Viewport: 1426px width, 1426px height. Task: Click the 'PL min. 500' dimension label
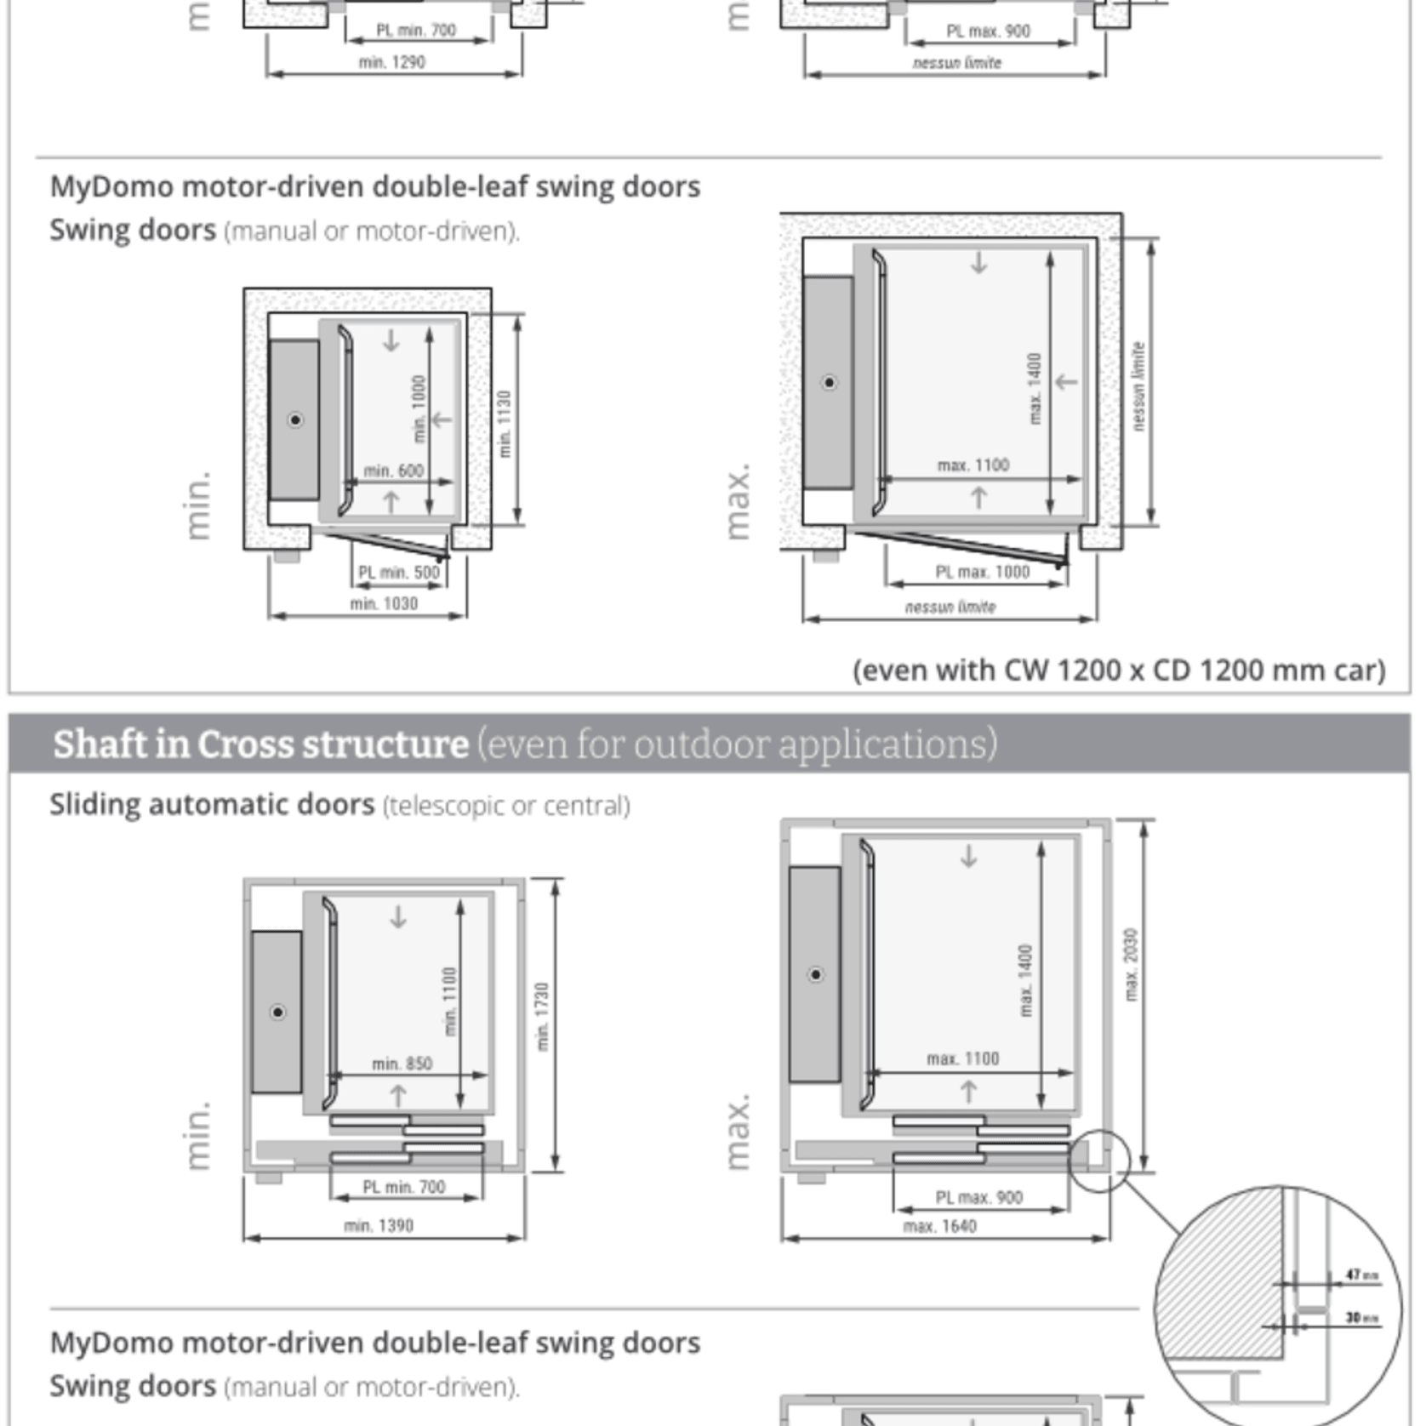pyautogui.click(x=399, y=572)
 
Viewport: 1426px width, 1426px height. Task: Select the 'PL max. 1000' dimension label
pyautogui.click(x=982, y=572)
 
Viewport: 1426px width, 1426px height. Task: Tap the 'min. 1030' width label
pyautogui.click(x=384, y=603)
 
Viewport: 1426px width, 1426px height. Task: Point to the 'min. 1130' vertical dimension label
pyautogui.click(x=505, y=424)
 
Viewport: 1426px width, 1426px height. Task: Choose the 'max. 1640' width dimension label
pyautogui.click(x=939, y=1226)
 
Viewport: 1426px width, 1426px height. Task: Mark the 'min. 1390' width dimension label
pyautogui.click(x=379, y=1225)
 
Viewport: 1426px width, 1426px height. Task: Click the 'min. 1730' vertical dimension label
pyautogui.click(x=542, y=1016)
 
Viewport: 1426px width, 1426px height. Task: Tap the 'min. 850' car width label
pyautogui.click(x=402, y=1064)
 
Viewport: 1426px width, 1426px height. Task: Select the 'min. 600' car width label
pyautogui.click(x=393, y=471)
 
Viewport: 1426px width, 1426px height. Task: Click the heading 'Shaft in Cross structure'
pyautogui.click(x=260, y=744)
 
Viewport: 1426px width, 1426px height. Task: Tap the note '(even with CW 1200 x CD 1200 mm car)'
pyautogui.click(x=1119, y=670)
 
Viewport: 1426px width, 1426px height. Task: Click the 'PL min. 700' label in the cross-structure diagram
pyautogui.click(x=403, y=1187)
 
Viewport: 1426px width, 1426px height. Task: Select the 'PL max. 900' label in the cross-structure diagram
pyautogui.click(x=978, y=1197)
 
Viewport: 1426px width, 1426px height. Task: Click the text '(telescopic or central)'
pyautogui.click(x=506, y=805)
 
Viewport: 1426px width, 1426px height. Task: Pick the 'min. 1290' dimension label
pyautogui.click(x=391, y=62)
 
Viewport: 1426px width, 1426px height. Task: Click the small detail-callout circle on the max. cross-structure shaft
pyautogui.click(x=1098, y=1161)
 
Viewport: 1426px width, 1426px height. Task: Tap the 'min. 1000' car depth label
pyautogui.click(x=419, y=408)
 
